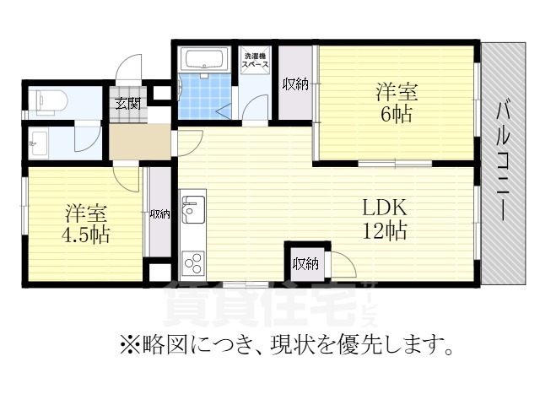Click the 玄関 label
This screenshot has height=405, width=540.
pos(127,104)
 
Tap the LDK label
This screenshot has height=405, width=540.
pos(385,208)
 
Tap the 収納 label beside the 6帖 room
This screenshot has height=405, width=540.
pos(295,84)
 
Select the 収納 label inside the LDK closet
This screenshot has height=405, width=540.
pos(305,264)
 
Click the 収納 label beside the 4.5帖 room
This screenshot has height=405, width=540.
pos(159,214)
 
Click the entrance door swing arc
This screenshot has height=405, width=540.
pos(131,67)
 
